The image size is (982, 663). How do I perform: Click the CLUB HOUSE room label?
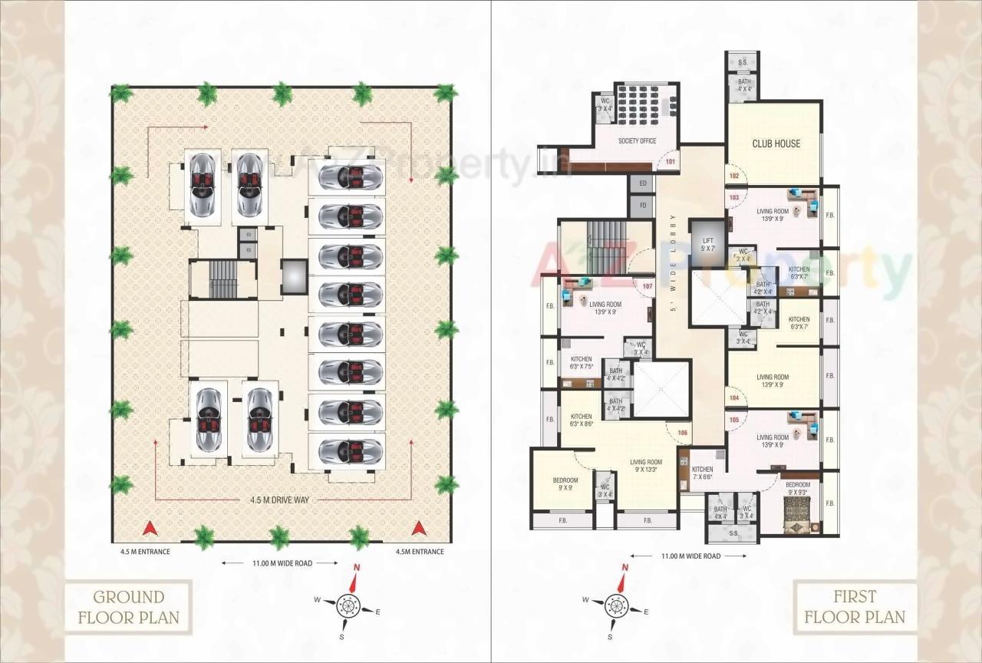[776, 143]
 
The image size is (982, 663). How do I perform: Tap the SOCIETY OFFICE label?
[637, 140]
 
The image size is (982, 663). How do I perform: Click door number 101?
[669, 162]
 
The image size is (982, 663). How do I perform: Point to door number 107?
[647, 287]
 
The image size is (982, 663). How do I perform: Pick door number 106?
[683, 433]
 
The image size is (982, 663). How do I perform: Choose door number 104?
[734, 398]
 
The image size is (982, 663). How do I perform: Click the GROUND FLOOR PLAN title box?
[128, 606]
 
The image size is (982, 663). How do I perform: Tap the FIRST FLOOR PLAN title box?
[855, 606]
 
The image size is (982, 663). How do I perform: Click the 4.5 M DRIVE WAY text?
[279, 500]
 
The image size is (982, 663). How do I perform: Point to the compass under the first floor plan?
[615, 605]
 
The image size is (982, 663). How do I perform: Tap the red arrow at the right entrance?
[419, 528]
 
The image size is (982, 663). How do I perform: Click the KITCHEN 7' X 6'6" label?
[702, 473]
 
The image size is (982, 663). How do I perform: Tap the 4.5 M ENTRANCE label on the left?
[145, 552]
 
